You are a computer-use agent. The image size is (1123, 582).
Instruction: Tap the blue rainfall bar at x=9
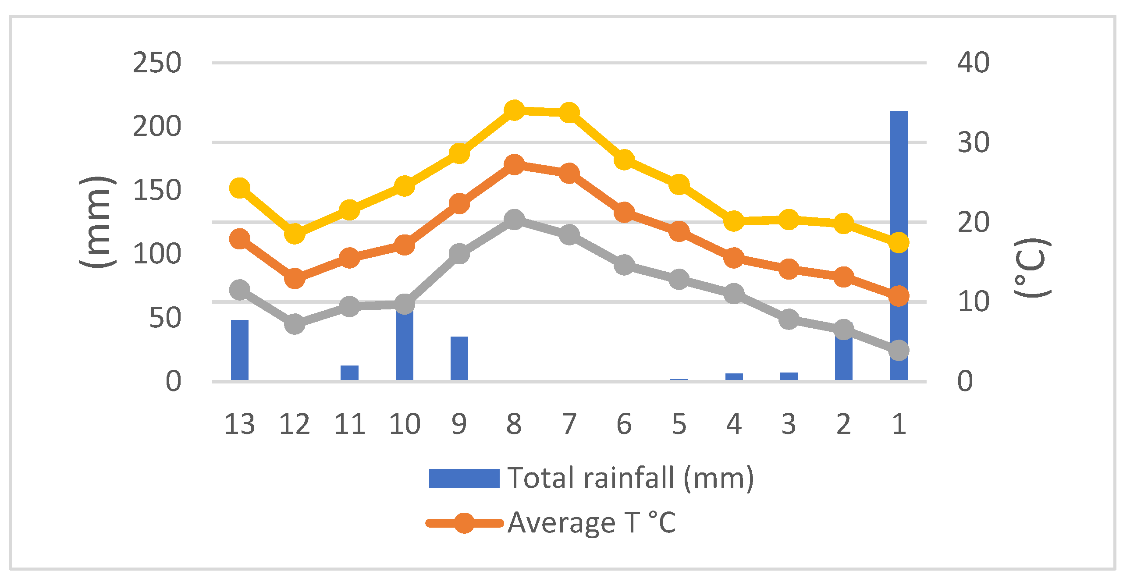(x=459, y=358)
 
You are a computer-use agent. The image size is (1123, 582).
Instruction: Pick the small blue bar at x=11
(x=349, y=373)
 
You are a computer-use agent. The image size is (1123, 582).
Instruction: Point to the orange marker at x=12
(x=295, y=278)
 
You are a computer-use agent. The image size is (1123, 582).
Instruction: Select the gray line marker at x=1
(x=899, y=350)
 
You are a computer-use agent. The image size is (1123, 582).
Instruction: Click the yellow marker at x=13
(x=240, y=188)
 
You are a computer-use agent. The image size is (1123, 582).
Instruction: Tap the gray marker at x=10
(x=405, y=304)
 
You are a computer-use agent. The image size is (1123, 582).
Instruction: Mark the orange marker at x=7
(x=569, y=173)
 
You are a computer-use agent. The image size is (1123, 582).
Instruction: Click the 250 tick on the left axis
(x=156, y=63)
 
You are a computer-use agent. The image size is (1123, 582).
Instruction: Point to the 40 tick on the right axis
(x=973, y=62)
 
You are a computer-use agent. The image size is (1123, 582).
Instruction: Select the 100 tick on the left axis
(x=156, y=254)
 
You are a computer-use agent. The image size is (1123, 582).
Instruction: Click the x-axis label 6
(x=624, y=424)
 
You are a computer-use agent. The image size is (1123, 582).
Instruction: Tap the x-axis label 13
(x=239, y=424)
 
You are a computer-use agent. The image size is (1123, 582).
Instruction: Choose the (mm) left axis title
(x=97, y=221)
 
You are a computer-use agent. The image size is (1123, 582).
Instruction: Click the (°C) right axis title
(x=1032, y=268)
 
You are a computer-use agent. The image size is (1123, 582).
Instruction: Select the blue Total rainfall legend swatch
(x=464, y=478)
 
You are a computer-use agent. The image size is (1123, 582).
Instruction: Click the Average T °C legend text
(x=591, y=522)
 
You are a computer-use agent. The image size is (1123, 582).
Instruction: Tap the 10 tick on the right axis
(x=973, y=302)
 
